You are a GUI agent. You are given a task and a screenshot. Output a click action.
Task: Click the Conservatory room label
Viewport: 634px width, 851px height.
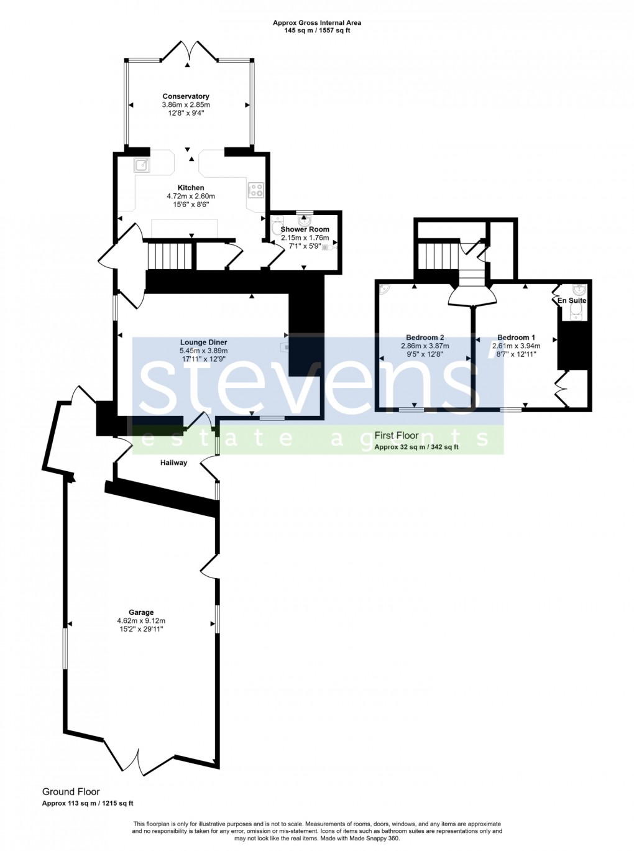tap(186, 96)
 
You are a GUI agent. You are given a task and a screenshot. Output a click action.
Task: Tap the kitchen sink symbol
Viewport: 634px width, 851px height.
tap(142, 165)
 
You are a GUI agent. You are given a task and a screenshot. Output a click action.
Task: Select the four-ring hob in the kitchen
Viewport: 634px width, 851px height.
tap(255, 190)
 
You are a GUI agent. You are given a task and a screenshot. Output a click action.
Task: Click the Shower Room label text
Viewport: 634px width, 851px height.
tap(305, 229)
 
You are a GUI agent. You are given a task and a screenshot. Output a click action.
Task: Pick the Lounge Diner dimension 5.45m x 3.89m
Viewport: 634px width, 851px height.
tap(203, 351)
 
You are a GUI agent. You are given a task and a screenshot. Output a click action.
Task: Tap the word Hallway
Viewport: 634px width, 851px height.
tap(173, 462)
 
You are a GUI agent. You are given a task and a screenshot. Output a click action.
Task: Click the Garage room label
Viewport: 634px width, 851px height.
tap(141, 612)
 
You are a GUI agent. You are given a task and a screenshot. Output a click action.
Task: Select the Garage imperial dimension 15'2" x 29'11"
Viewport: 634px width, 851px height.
tap(141, 629)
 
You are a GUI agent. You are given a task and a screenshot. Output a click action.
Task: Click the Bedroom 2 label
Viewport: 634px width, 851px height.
tap(425, 338)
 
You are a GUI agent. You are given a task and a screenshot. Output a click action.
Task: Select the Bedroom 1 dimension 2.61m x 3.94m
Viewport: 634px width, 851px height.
tap(516, 346)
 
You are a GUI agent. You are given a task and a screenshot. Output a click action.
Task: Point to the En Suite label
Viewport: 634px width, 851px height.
tap(572, 300)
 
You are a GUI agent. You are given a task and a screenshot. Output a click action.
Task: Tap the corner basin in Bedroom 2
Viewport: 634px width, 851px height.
tap(384, 288)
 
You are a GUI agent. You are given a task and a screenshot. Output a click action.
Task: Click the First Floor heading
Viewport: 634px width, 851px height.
tap(397, 436)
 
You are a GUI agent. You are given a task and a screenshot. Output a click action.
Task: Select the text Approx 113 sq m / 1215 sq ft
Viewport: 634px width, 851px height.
tap(88, 803)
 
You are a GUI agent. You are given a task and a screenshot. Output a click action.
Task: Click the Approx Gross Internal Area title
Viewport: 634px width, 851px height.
tap(317, 23)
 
